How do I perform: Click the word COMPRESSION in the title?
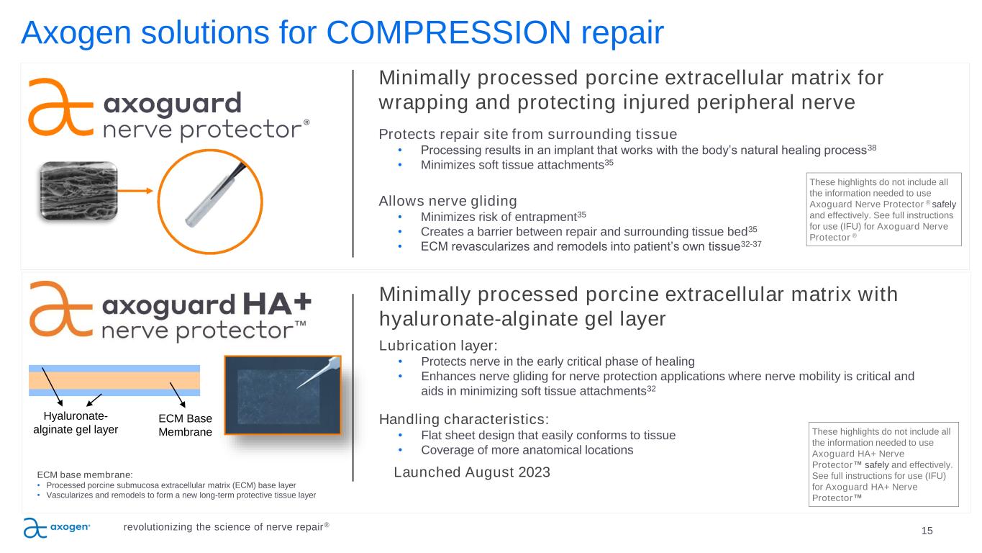448,32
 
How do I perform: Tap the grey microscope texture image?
79,191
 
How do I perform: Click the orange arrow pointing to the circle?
135,191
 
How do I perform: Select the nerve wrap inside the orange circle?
215,194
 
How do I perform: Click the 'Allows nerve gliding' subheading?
447,201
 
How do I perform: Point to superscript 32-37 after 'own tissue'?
751,243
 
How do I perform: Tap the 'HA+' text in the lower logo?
277,304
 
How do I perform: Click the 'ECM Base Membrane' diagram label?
185,425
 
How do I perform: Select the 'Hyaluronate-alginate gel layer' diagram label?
76,423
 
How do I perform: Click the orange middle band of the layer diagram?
114,380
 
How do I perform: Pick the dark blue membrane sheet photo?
283,395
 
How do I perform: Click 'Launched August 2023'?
472,472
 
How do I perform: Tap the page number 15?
927,531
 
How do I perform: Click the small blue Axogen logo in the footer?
57,528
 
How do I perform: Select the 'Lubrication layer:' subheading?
438,346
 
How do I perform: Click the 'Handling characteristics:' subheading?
464,420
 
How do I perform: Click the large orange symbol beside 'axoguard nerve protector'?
60,107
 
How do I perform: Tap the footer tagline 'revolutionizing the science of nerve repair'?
226,526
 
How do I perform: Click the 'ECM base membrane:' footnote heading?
85,475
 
